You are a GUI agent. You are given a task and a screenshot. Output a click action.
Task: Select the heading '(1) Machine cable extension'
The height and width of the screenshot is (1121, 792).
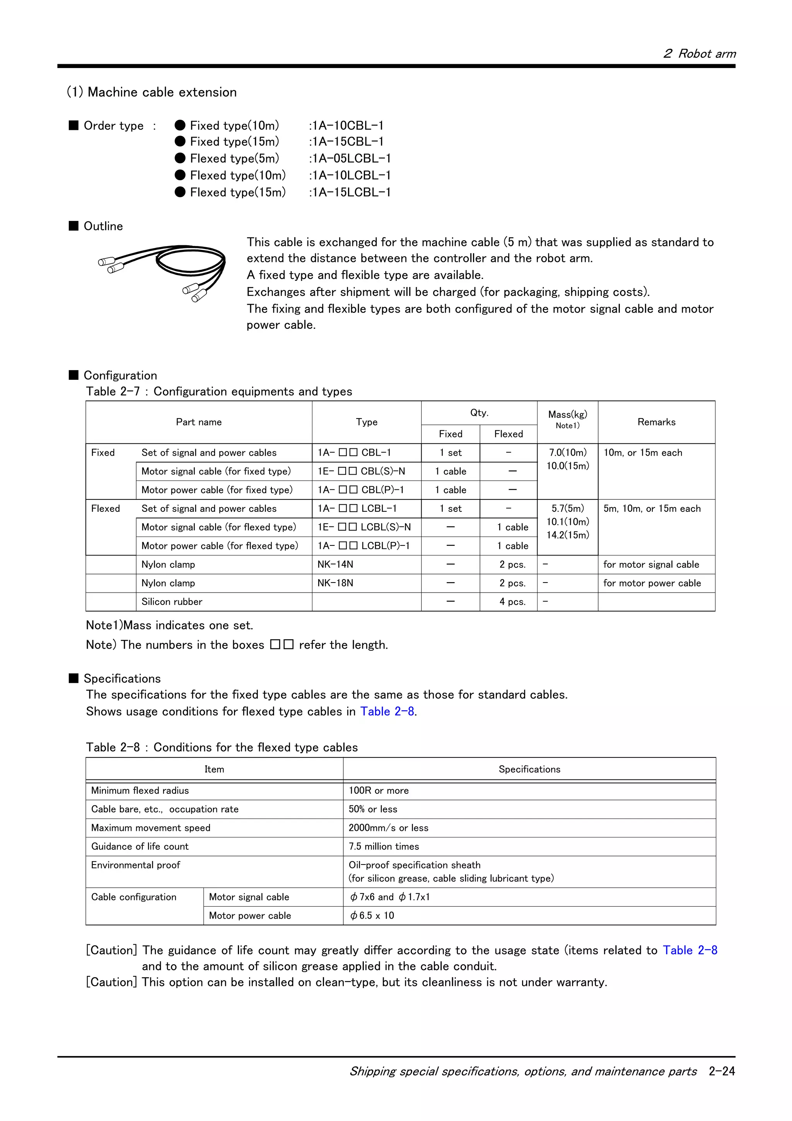(152, 92)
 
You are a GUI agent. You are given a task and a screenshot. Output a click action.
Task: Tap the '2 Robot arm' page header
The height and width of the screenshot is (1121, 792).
(699, 54)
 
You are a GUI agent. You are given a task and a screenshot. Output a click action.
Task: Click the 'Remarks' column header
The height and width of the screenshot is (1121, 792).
(656, 422)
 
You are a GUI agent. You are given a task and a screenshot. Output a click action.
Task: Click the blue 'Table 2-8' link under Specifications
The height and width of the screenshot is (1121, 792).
(387, 711)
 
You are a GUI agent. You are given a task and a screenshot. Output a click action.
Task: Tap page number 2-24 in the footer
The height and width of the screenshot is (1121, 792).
(722, 1071)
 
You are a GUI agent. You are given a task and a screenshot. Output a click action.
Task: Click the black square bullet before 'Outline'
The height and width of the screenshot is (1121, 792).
(74, 226)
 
